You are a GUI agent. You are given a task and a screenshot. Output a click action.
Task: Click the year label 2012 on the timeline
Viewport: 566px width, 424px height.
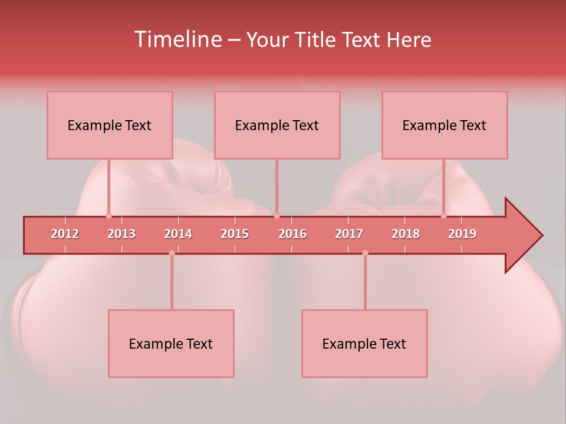[x=65, y=234]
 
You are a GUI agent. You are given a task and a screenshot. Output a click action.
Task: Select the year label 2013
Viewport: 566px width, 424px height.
[x=121, y=234]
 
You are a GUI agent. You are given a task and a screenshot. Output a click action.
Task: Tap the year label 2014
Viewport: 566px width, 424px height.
[x=178, y=234]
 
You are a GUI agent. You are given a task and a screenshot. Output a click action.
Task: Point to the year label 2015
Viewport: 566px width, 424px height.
[x=235, y=234]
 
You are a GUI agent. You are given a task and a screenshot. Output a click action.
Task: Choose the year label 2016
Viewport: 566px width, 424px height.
[x=292, y=234]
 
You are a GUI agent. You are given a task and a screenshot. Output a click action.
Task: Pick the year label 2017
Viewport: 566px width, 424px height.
[x=349, y=234]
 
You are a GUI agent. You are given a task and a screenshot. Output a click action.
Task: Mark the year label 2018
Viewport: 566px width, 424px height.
[x=406, y=234]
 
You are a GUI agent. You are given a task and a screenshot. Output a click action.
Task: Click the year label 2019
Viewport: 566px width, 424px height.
[x=462, y=234]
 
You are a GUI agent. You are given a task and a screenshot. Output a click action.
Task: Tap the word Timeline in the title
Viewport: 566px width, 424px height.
[x=177, y=39]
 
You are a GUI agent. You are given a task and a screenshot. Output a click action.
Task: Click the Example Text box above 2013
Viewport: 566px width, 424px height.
[x=110, y=125]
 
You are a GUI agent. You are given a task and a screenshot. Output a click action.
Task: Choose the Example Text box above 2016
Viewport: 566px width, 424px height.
[x=277, y=125]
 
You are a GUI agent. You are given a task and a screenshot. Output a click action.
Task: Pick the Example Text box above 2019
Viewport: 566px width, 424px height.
[x=445, y=125]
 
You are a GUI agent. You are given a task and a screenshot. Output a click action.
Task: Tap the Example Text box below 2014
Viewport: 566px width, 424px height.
[x=171, y=343]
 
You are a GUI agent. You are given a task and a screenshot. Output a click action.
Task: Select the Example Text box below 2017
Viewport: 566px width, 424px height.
[x=364, y=343]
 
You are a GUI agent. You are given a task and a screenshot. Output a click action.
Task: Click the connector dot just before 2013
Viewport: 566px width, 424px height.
[x=108, y=216]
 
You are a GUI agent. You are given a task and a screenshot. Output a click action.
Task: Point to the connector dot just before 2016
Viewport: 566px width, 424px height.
[x=277, y=216]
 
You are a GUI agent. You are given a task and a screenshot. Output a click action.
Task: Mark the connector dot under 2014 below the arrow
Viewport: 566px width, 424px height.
[x=172, y=253]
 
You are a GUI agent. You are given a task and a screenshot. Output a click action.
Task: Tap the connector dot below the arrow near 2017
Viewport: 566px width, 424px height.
[x=365, y=253]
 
